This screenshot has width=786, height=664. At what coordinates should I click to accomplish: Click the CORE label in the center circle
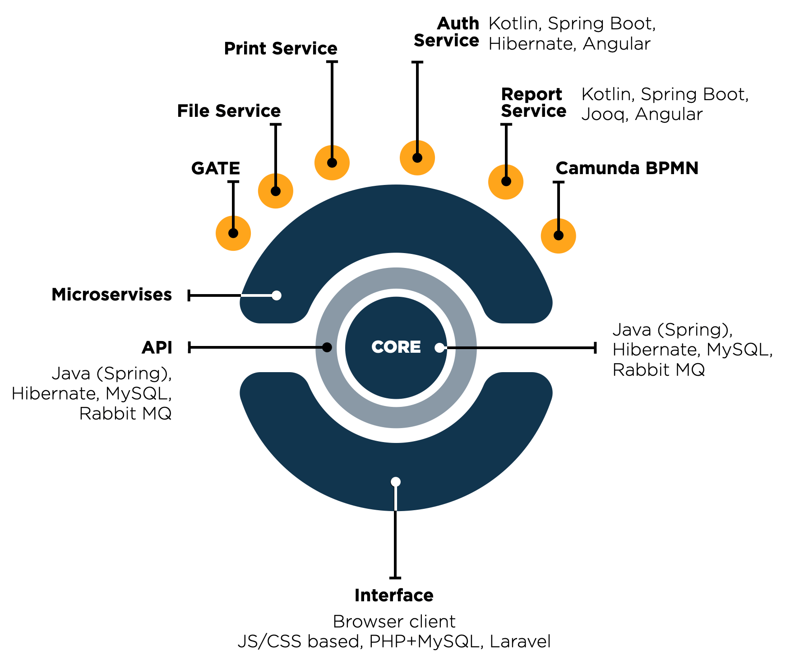click(x=396, y=347)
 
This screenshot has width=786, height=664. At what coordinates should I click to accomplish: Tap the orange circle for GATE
click(x=233, y=233)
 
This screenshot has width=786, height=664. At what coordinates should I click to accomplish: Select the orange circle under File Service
click(x=275, y=191)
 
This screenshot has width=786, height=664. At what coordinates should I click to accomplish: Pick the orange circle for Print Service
click(x=332, y=163)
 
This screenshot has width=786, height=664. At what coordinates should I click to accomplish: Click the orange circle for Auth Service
click(x=417, y=158)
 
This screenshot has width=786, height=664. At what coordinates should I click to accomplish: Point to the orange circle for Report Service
click(x=505, y=182)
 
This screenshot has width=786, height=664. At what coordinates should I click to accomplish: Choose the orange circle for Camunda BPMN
click(x=558, y=235)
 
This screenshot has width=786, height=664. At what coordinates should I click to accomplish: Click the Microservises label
click(x=111, y=295)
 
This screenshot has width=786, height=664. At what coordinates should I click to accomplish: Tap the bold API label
click(x=157, y=348)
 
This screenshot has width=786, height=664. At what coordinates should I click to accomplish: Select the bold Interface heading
click(x=394, y=595)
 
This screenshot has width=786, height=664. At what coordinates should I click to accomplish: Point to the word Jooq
click(x=604, y=115)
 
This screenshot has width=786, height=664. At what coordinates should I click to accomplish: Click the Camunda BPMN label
click(x=627, y=168)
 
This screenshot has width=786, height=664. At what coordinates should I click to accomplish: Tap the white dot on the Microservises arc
click(x=277, y=295)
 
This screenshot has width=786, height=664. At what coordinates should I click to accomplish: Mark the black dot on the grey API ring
click(x=327, y=347)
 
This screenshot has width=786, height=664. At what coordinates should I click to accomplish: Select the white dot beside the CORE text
click(x=439, y=348)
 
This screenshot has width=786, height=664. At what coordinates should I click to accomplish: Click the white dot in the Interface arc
click(x=396, y=482)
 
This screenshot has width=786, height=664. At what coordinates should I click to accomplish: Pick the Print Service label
click(x=280, y=49)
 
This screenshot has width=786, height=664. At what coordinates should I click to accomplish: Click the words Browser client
click(x=394, y=622)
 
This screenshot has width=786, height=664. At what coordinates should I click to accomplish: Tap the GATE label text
click(x=215, y=169)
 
